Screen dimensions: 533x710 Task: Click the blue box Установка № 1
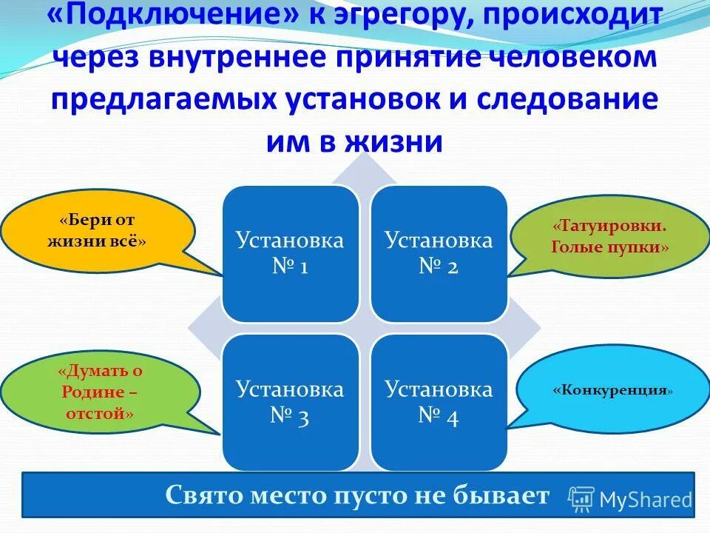(290, 253)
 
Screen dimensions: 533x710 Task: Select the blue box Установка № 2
(439, 253)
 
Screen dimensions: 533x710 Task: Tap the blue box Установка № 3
(290, 401)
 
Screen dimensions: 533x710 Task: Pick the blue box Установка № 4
(439, 401)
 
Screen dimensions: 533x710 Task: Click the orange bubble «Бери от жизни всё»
(98, 230)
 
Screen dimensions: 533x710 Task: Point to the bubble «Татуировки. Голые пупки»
(609, 235)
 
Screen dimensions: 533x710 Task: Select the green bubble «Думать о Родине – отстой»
(100, 392)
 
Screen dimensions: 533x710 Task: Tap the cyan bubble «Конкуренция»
(612, 389)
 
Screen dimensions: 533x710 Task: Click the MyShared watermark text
(646, 500)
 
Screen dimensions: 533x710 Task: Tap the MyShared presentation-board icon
(581, 500)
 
